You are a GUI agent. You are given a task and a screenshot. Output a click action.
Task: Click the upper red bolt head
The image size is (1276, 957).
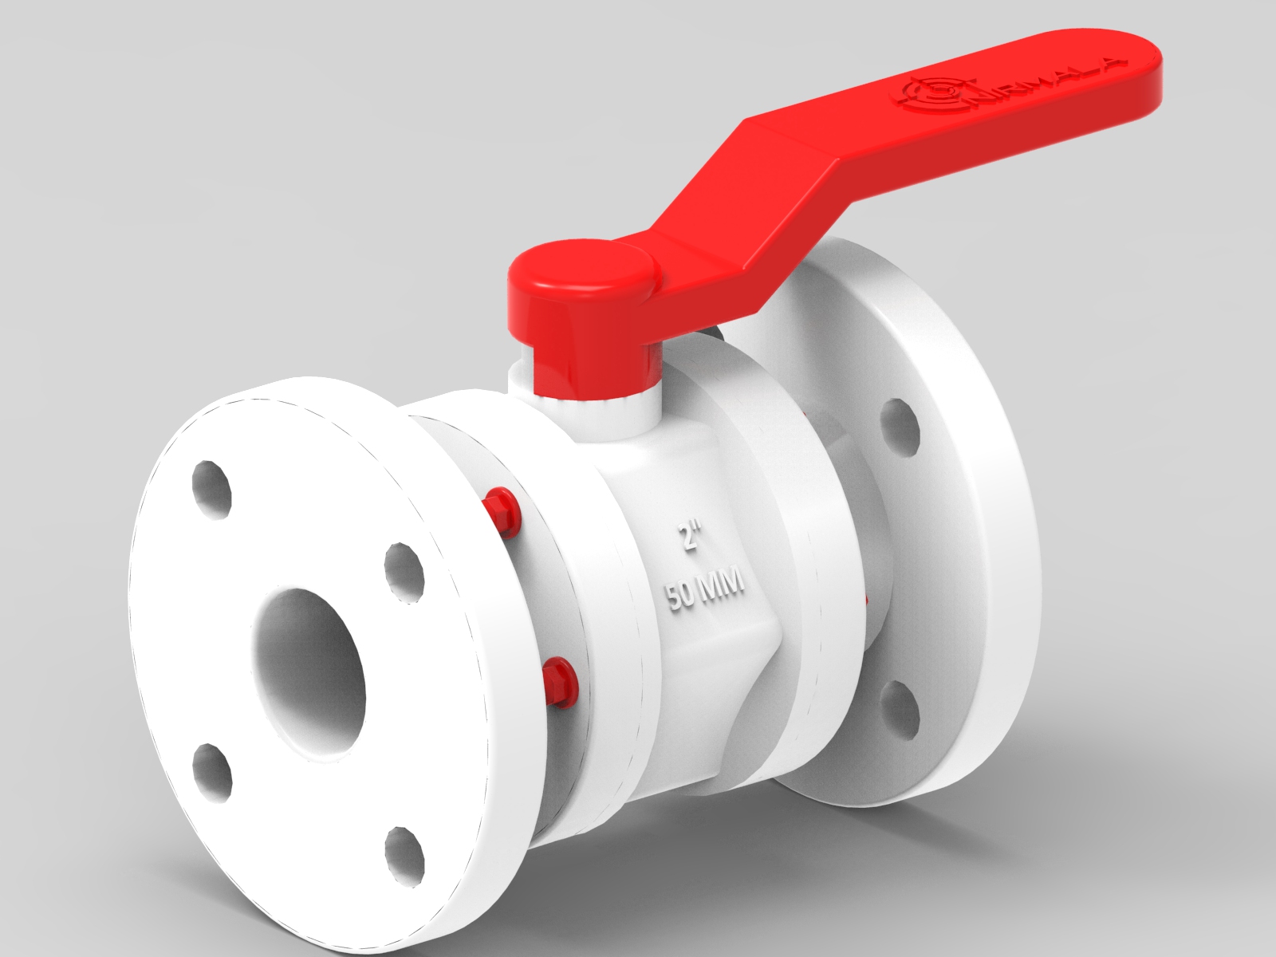(500, 510)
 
